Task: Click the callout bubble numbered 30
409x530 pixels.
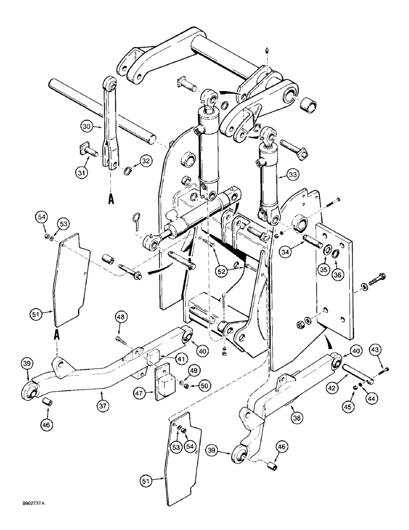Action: click(87, 127)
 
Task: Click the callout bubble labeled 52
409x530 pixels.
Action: click(221, 272)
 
